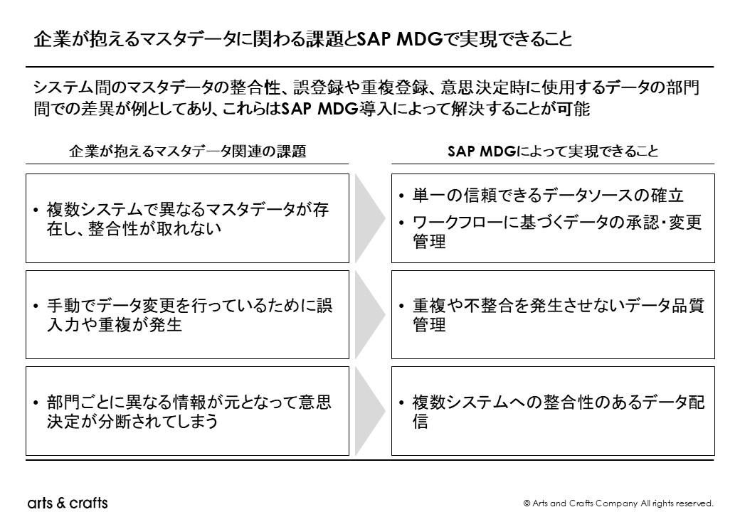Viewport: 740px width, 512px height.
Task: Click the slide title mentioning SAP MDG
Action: click(302, 39)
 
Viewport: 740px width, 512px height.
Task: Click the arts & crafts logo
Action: click(68, 503)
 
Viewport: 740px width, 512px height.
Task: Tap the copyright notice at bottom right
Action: click(618, 503)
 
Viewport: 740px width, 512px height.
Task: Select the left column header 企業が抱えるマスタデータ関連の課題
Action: click(188, 151)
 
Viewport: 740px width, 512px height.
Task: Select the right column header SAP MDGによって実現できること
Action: click(553, 151)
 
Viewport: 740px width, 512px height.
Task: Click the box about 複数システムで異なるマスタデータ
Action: click(188, 218)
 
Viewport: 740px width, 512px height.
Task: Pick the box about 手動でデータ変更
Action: click(188, 314)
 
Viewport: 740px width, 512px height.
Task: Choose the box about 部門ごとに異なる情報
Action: click(188, 411)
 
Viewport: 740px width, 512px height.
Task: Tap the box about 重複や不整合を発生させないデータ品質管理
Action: click(553, 314)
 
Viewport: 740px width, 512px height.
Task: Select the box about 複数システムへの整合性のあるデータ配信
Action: click(553, 411)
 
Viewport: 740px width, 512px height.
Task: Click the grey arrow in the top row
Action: click(370, 218)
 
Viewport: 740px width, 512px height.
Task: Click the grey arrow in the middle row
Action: click(370, 314)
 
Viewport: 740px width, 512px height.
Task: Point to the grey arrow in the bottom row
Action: click(370, 411)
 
